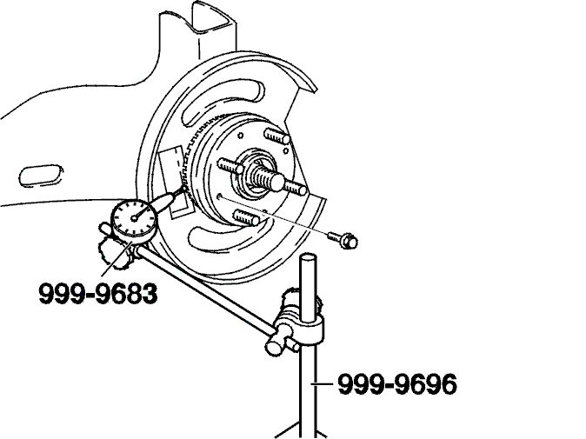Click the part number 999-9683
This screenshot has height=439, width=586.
pos(98,293)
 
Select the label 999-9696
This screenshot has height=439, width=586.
pos(397,384)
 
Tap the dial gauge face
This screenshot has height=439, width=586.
pos(133,218)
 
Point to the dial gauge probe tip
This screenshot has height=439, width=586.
pos(183,189)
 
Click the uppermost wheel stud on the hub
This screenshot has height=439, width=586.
pos(277,136)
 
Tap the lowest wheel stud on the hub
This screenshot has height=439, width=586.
pos(246,218)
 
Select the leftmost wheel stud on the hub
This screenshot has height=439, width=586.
pos(230,166)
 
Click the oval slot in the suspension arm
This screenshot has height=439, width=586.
pos(41,175)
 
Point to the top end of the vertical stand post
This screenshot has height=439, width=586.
pos(309,258)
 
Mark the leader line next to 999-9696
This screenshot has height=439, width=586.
pos(323,383)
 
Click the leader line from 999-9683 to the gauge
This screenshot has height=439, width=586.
pos(117,259)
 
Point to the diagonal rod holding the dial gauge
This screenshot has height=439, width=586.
pos(205,287)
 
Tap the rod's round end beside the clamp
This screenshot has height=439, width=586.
pos(274,347)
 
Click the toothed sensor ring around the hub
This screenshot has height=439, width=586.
pos(189,157)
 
